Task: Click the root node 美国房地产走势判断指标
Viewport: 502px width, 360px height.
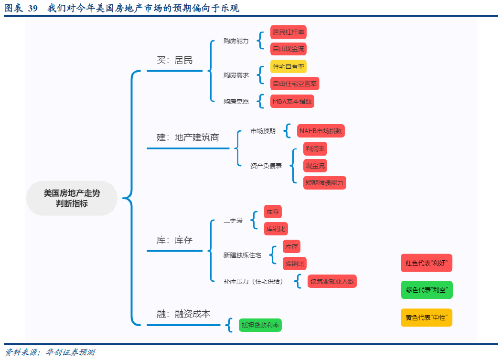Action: tap(72, 198)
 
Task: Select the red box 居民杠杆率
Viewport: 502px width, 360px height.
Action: tap(288, 32)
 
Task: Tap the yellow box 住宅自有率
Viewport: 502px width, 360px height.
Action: tap(288, 67)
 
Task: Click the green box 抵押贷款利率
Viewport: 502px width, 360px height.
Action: tap(260, 326)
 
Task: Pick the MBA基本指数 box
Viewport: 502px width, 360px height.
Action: tap(292, 101)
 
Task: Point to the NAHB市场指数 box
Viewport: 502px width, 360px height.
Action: tap(320, 131)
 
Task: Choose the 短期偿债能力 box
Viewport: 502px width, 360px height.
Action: tap(325, 183)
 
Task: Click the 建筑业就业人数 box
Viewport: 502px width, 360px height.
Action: tap(332, 281)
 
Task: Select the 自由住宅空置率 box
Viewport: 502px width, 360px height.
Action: tap(295, 84)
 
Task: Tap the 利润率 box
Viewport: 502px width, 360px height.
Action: tap(315, 149)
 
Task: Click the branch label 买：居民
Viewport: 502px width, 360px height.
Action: tap(175, 60)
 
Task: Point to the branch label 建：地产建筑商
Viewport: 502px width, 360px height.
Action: tap(188, 138)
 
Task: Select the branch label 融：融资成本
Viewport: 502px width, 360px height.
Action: tap(183, 314)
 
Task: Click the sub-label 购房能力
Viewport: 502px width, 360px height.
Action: tap(236, 41)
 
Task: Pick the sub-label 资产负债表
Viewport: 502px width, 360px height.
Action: tap(266, 166)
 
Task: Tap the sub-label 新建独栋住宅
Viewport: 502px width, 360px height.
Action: tap(242, 255)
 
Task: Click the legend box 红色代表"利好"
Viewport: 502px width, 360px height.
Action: tap(427, 263)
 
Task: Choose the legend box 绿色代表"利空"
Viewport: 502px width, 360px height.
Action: tap(427, 290)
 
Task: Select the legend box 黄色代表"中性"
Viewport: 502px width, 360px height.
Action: tap(427, 318)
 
